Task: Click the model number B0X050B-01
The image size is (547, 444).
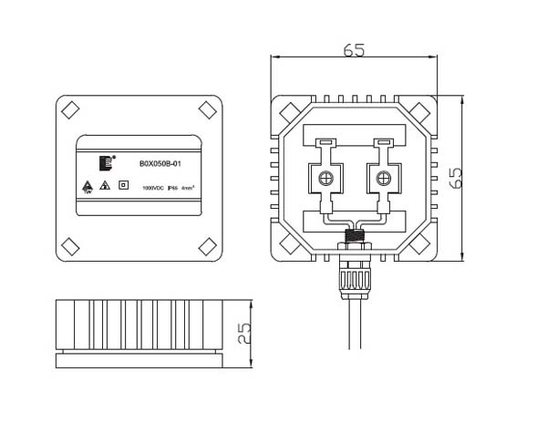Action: (160, 164)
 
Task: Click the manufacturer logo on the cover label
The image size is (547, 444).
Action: (108, 162)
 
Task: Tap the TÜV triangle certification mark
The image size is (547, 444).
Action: (88, 186)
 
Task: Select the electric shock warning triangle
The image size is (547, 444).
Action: (106, 186)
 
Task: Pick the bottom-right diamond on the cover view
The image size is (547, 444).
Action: (208, 245)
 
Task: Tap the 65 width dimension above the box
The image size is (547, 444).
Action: (355, 50)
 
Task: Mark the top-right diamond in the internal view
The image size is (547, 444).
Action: (422, 110)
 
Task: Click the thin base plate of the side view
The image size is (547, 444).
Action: (139, 360)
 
